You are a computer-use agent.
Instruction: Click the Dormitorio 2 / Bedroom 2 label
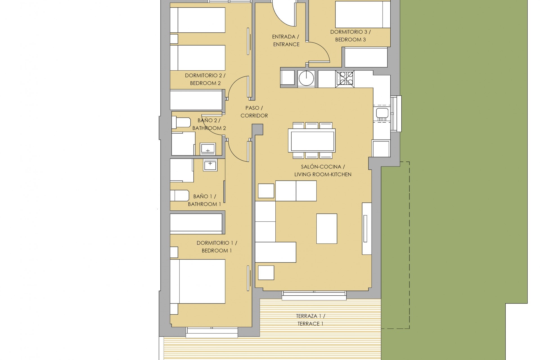click(205, 79)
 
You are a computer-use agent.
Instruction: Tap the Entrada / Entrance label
click(286, 40)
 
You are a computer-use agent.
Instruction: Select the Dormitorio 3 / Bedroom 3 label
click(350, 36)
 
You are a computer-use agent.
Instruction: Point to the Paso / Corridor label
click(254, 112)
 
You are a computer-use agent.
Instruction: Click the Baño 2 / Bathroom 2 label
click(209, 124)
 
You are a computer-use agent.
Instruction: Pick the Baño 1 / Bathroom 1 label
click(204, 200)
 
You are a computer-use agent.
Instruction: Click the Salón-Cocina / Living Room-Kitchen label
click(323, 170)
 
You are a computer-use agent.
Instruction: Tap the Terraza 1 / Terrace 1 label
click(310, 320)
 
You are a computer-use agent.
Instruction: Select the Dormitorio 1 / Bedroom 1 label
click(217, 247)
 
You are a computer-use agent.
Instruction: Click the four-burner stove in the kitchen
click(345, 78)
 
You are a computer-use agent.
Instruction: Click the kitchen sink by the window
click(382, 113)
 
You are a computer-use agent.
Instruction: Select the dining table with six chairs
click(312, 140)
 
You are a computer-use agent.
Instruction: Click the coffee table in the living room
click(327, 228)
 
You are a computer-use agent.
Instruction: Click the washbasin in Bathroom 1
click(210, 165)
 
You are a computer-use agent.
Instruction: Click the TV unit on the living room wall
click(366, 228)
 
